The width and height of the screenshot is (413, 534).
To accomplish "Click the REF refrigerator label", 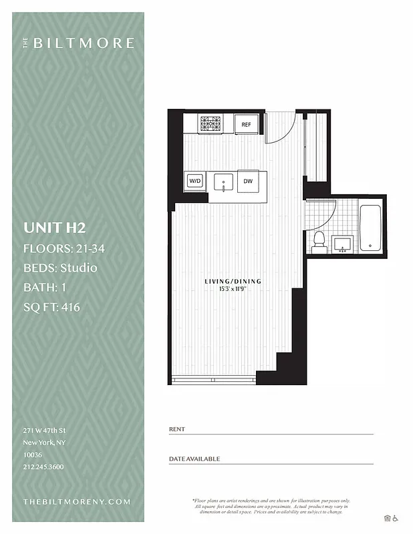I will click(246, 124).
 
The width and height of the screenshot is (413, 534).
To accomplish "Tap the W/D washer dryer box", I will click(195, 181).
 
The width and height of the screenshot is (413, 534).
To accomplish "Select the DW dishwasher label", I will click(247, 181).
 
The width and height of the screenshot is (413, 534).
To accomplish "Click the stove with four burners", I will click(212, 123).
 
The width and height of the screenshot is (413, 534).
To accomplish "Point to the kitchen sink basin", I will click(223, 181).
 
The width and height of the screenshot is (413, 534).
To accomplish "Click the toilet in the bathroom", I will click(319, 241).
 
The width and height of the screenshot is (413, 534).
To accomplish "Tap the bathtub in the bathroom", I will click(370, 228).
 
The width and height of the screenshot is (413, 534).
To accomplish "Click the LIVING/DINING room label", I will click(233, 282).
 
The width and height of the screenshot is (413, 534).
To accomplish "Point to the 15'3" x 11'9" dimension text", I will click(233, 290).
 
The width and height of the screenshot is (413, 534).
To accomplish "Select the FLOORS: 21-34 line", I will click(64, 248).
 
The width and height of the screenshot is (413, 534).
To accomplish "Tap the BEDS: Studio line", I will click(60, 268).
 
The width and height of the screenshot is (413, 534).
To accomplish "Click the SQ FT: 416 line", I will click(51, 308).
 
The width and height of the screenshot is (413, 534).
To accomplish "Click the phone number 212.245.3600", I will click(43, 467).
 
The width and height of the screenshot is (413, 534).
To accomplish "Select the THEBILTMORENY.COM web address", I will click(77, 501).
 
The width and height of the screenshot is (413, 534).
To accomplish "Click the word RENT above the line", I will click(177, 429).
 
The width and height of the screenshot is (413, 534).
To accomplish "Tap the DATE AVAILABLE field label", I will click(194, 459).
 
